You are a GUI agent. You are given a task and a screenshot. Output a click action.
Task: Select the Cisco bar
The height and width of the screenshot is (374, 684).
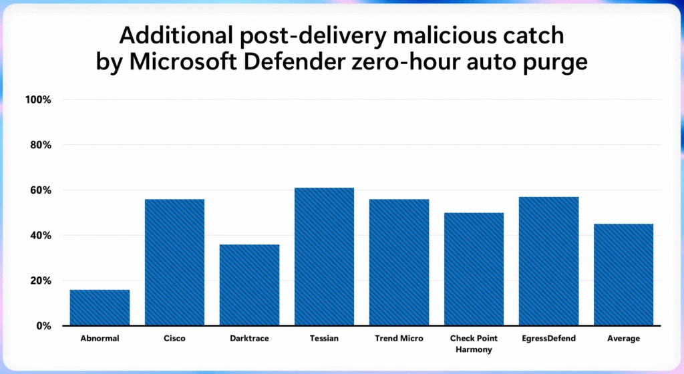pyautogui.click(x=174, y=262)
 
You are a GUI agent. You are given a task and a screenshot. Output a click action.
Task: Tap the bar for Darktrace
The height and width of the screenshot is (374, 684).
pyautogui.click(x=249, y=285)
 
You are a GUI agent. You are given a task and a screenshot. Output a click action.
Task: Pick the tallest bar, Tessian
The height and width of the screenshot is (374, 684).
pyautogui.click(x=324, y=256)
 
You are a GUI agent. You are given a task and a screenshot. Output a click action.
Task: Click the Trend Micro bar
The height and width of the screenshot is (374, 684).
pyautogui.click(x=399, y=262)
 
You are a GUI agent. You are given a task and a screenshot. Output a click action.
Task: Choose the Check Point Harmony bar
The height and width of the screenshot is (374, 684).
pyautogui.click(x=474, y=268)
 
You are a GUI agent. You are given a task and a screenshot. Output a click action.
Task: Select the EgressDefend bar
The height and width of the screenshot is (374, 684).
pyautogui.click(x=548, y=261)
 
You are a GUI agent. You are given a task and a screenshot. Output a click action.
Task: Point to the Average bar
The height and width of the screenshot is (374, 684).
pyautogui.click(x=623, y=274)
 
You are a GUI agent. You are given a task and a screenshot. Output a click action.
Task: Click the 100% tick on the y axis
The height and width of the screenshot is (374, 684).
pyautogui.click(x=38, y=100)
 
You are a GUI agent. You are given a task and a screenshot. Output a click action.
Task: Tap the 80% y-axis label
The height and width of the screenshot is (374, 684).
pyautogui.click(x=40, y=145)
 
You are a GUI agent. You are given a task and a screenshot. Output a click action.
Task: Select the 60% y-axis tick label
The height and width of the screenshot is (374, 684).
pyautogui.click(x=40, y=190)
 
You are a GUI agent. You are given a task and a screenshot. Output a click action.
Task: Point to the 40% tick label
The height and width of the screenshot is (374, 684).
pyautogui.click(x=40, y=236)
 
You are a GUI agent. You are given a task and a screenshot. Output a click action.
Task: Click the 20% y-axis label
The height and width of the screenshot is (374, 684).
pyautogui.click(x=40, y=280)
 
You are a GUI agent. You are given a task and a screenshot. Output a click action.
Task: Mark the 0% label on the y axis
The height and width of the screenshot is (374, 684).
pyautogui.click(x=43, y=326)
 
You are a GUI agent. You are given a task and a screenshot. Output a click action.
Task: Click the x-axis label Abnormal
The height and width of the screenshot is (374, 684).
pyautogui.click(x=100, y=339)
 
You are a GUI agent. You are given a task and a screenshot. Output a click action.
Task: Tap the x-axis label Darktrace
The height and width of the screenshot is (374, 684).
pyautogui.click(x=249, y=339)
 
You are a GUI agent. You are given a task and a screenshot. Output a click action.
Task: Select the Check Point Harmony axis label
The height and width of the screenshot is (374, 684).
pyautogui.click(x=474, y=344)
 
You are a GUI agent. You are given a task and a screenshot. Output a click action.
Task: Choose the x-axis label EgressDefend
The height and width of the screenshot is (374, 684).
pyautogui.click(x=548, y=339)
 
